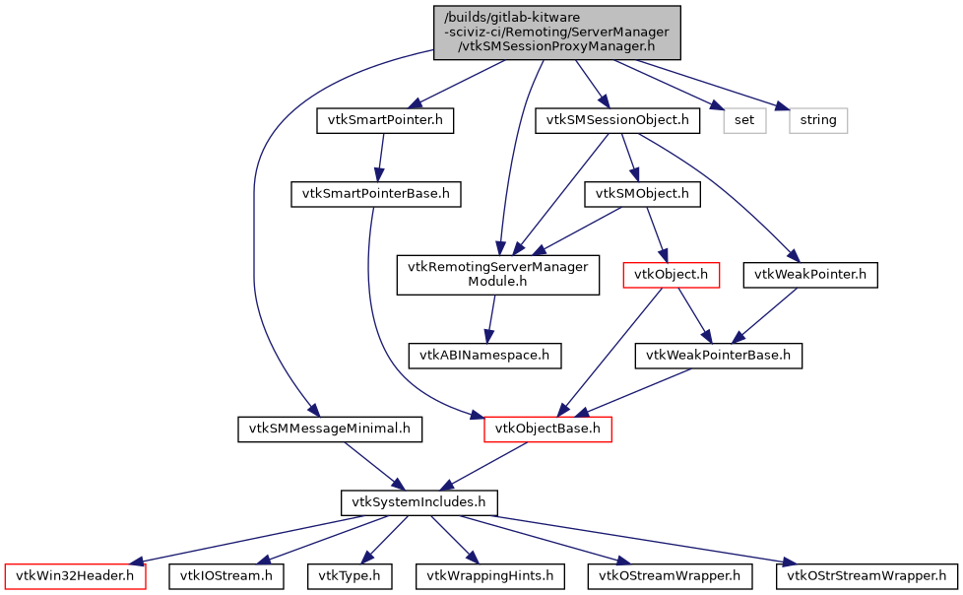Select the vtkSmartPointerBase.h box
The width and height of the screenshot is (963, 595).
pos(375,194)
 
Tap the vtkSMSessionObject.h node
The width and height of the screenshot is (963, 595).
pos(617,121)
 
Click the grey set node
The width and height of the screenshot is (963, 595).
pos(744,121)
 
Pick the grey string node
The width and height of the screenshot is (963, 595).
pos(818,121)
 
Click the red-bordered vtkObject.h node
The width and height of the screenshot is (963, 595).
pos(671,275)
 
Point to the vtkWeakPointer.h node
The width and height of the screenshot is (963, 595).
pos(810,275)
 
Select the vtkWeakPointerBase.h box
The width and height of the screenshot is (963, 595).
pos(719,356)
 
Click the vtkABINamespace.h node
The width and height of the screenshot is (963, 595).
pos(485,356)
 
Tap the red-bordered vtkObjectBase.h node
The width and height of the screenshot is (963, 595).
pos(547,429)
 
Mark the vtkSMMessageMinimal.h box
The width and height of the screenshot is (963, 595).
pos(330,429)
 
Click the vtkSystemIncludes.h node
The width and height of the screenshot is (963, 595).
pos(418,502)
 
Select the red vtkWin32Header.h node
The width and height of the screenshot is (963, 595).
pos(76,575)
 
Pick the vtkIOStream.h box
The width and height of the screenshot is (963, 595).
pos(226,575)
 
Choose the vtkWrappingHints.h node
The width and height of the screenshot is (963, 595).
pos(488,575)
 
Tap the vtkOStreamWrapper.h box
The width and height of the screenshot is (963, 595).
pos(670,575)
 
